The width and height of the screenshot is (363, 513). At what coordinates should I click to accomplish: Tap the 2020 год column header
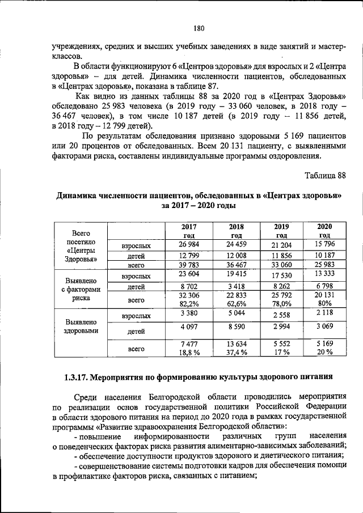click(x=324, y=231)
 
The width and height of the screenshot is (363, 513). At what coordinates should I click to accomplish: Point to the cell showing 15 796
click(x=324, y=244)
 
